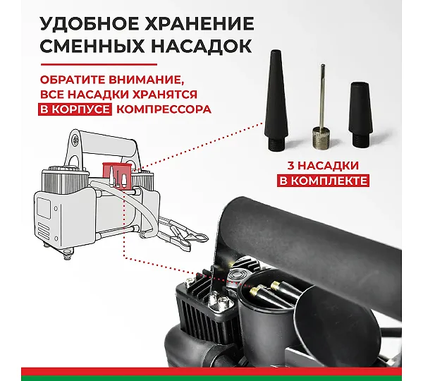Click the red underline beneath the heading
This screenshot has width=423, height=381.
pos(99,64)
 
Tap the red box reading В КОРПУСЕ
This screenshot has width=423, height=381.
pos(75,109)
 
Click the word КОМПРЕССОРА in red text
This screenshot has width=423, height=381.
pos(164,109)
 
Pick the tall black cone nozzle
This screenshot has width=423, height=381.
pos(276,100)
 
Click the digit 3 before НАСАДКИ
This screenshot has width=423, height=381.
pos(290,165)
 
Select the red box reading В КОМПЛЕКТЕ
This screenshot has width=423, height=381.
pos(323,181)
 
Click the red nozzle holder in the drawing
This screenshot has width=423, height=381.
pos(117,176)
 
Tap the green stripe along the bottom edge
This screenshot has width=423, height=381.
pos(211,378)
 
